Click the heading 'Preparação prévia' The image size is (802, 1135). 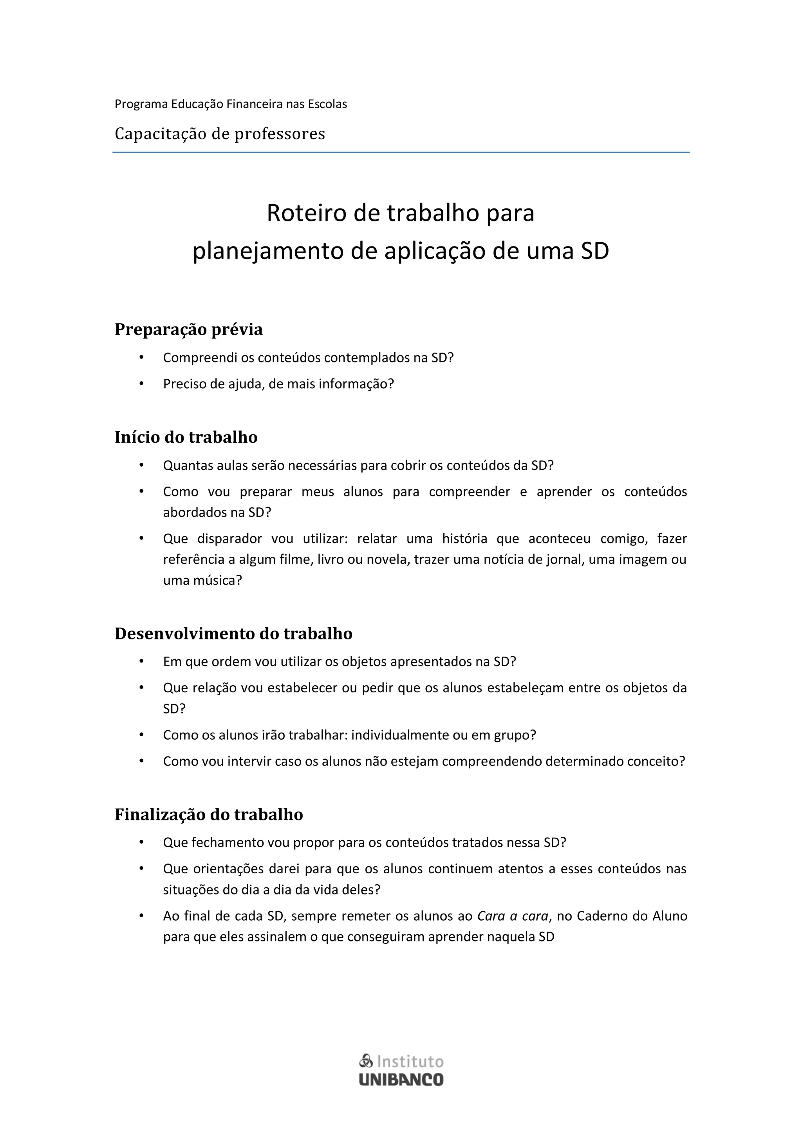(188, 329)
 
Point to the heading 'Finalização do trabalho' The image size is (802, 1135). (209, 814)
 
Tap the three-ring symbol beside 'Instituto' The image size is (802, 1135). (366, 1061)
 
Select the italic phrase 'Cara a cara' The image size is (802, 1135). (513, 916)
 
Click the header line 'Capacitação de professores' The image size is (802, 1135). (220, 134)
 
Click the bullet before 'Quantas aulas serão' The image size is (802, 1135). (141, 465)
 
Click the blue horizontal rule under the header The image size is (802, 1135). (401, 152)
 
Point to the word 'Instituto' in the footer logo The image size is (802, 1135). (410, 1062)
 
